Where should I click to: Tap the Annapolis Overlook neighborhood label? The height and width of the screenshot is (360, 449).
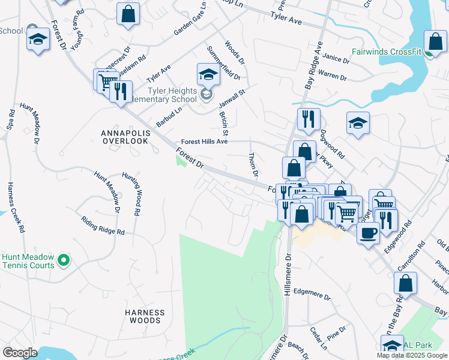click(125, 136)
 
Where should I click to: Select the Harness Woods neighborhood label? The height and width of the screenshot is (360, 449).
click(145, 316)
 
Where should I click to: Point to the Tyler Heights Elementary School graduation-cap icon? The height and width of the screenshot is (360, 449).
click(208, 76)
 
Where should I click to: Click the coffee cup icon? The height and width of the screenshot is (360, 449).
click(367, 232)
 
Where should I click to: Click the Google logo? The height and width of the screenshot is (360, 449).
click(20, 352)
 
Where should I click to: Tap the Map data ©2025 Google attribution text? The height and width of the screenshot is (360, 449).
click(411, 355)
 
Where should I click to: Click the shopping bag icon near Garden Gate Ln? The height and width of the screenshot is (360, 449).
click(128, 15)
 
